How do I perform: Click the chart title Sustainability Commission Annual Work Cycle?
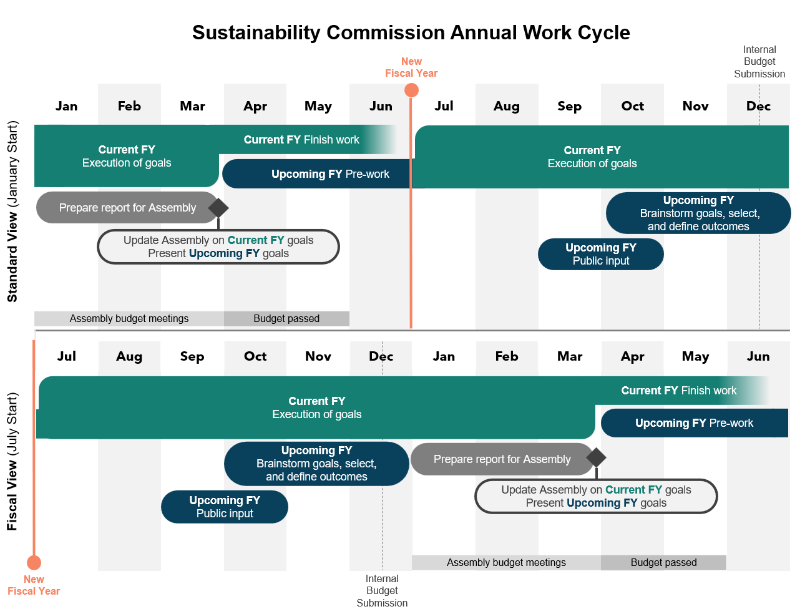click(x=411, y=32)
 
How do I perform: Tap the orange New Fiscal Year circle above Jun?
click(x=411, y=90)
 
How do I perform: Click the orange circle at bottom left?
click(x=34, y=563)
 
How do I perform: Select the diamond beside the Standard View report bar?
click(x=218, y=208)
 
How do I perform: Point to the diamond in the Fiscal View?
click(x=596, y=457)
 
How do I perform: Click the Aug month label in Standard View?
click(x=506, y=106)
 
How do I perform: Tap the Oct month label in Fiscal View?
click(x=255, y=356)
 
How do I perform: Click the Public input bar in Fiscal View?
click(x=225, y=507)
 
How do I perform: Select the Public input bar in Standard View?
click(x=600, y=254)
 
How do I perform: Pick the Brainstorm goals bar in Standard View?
click(x=698, y=213)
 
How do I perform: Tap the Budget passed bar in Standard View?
click(x=286, y=319)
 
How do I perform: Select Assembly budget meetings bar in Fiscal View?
click(x=506, y=563)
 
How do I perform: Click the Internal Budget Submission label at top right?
click(x=759, y=62)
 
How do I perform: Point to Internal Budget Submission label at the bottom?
click(x=382, y=591)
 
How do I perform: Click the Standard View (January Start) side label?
click(x=12, y=212)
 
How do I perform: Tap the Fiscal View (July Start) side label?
click(x=12, y=461)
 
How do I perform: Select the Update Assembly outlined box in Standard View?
click(x=218, y=246)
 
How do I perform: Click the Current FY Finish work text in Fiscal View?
click(x=678, y=391)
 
